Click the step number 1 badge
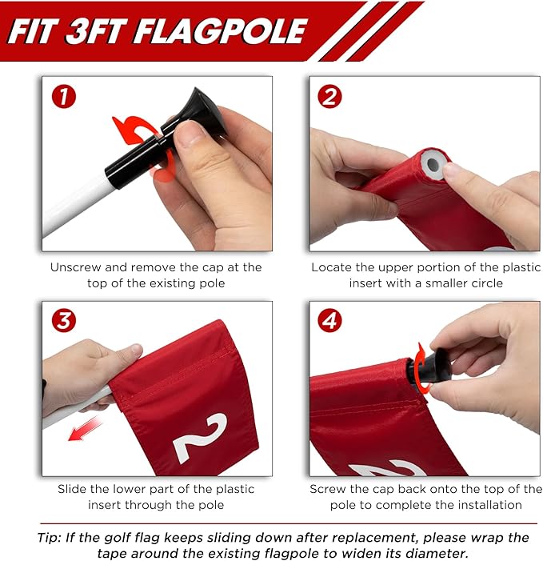point(64,97)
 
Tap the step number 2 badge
point(329,97)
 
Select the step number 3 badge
point(64,321)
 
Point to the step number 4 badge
point(329,321)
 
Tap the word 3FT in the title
point(95,31)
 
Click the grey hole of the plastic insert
point(433,165)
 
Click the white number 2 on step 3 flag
point(200,439)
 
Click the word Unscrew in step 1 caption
point(70,267)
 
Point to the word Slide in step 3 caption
point(72,489)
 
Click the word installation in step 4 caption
point(489,505)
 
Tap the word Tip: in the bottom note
point(50,537)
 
